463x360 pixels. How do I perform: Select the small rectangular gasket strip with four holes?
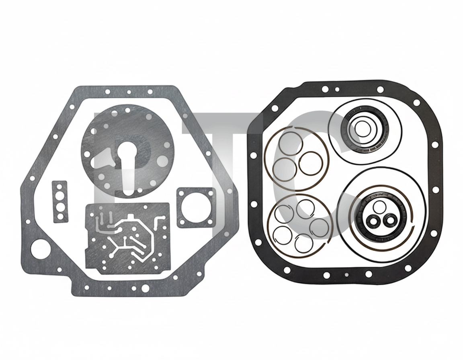coord(59,202)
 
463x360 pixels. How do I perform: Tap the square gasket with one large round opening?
coord(195,208)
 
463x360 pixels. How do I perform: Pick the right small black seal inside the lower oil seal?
coord(388,219)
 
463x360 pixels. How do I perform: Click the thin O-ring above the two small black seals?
coord(378,206)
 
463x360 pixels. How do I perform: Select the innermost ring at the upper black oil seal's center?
coord(360,128)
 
